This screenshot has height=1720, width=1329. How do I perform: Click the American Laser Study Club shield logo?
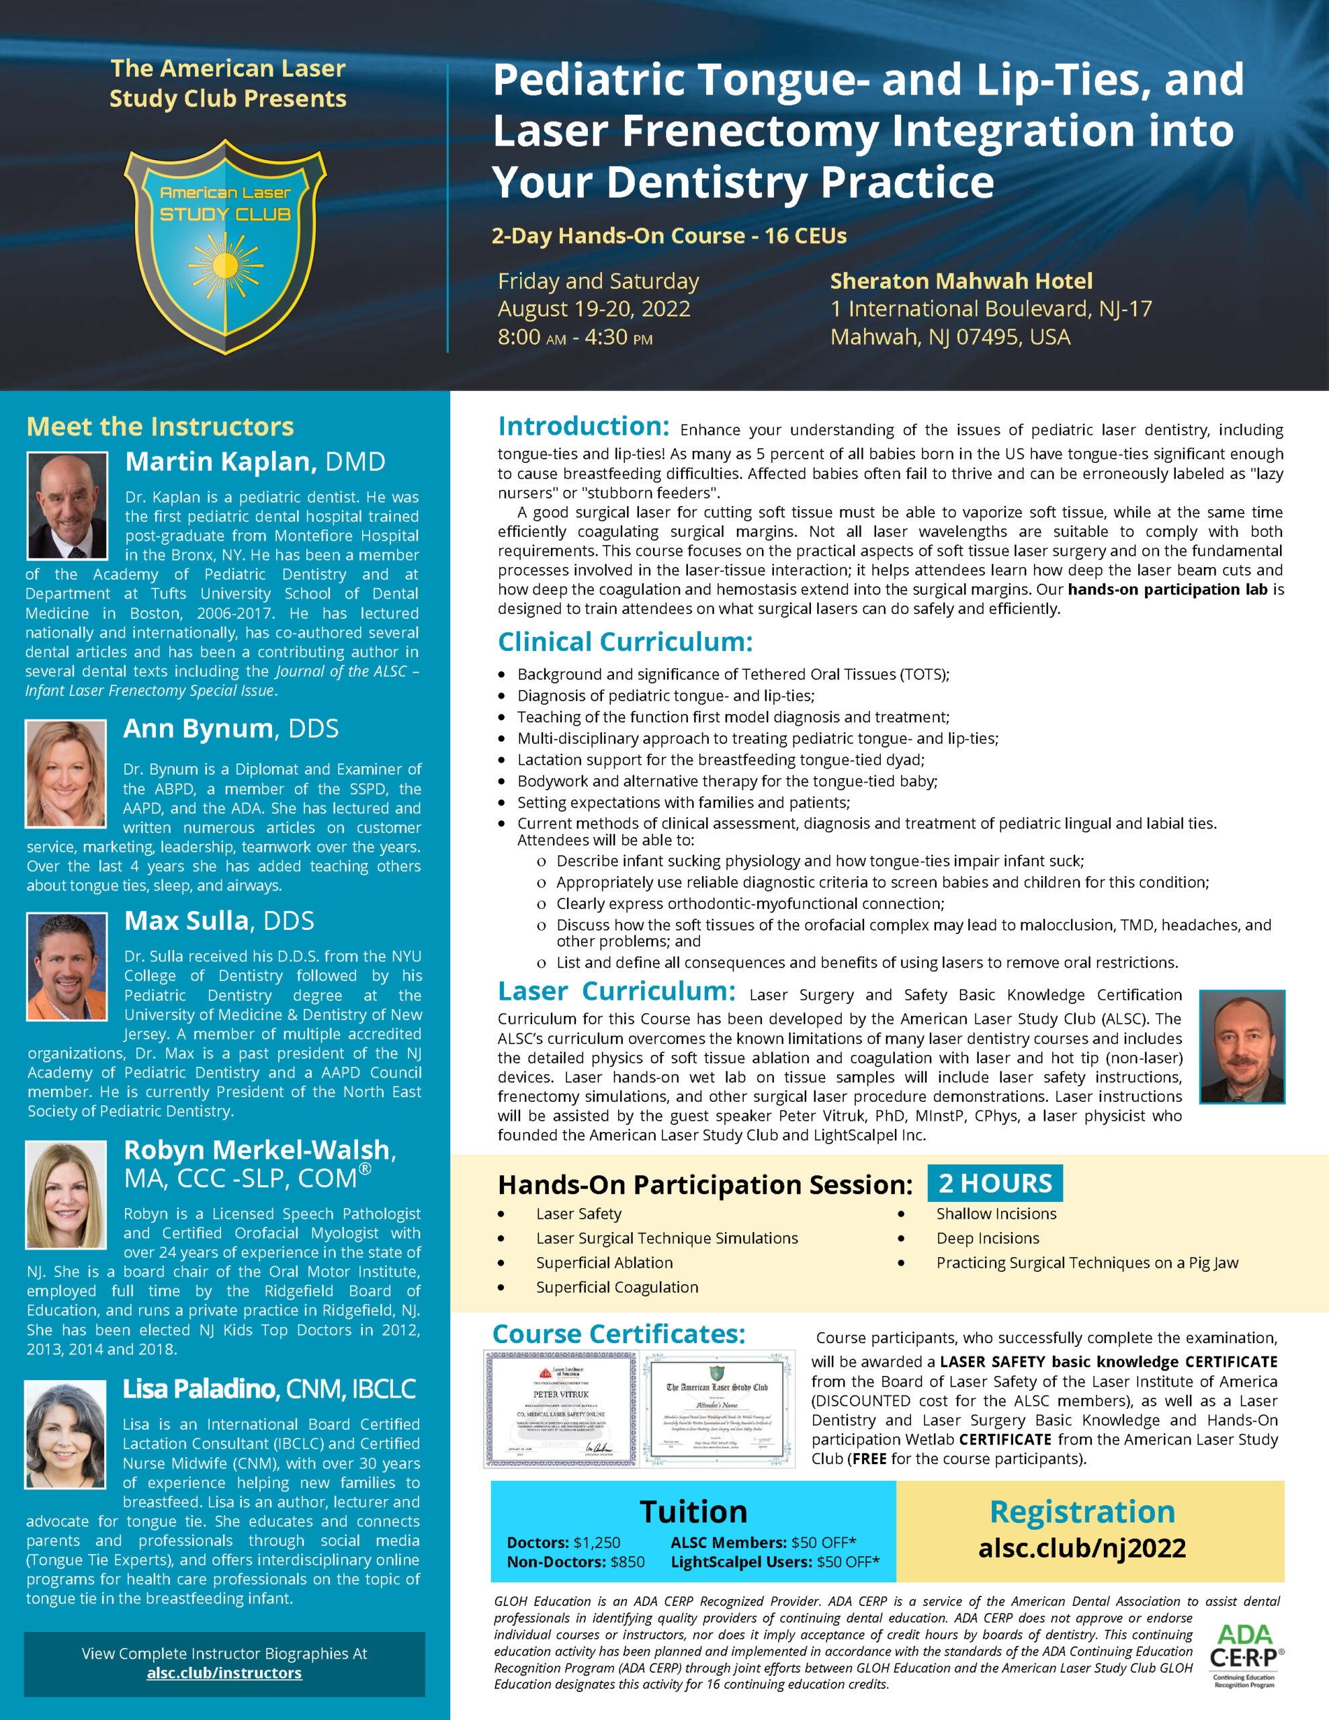[x=225, y=246]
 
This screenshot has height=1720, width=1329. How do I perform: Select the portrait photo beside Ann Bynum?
[x=66, y=773]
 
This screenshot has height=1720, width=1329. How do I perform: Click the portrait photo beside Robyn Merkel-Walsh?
[x=66, y=1194]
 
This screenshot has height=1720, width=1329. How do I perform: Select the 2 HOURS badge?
[x=995, y=1183]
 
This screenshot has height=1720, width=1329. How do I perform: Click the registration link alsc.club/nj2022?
[x=1082, y=1547]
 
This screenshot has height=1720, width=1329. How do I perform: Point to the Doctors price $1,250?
[x=597, y=1542]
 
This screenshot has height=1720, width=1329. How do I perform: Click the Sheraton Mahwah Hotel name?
[x=961, y=281]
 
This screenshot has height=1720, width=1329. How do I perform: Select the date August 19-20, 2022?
[x=594, y=308]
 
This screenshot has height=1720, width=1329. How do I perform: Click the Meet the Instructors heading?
[x=160, y=426]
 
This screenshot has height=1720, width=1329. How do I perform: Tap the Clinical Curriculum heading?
[x=625, y=642]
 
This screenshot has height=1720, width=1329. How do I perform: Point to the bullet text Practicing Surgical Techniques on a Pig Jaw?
[x=1087, y=1262]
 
